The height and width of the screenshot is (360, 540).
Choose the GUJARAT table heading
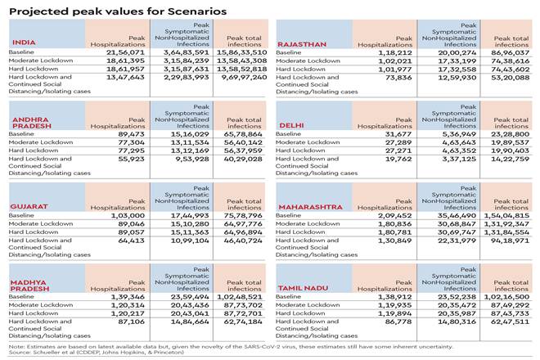[x=29, y=207]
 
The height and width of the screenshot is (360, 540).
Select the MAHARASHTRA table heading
[x=310, y=207]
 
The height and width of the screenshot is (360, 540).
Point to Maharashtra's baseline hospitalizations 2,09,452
[x=388, y=214]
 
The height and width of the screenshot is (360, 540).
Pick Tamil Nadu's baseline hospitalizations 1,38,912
[x=388, y=295]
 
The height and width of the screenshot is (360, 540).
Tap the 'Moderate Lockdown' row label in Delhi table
[x=308, y=142]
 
